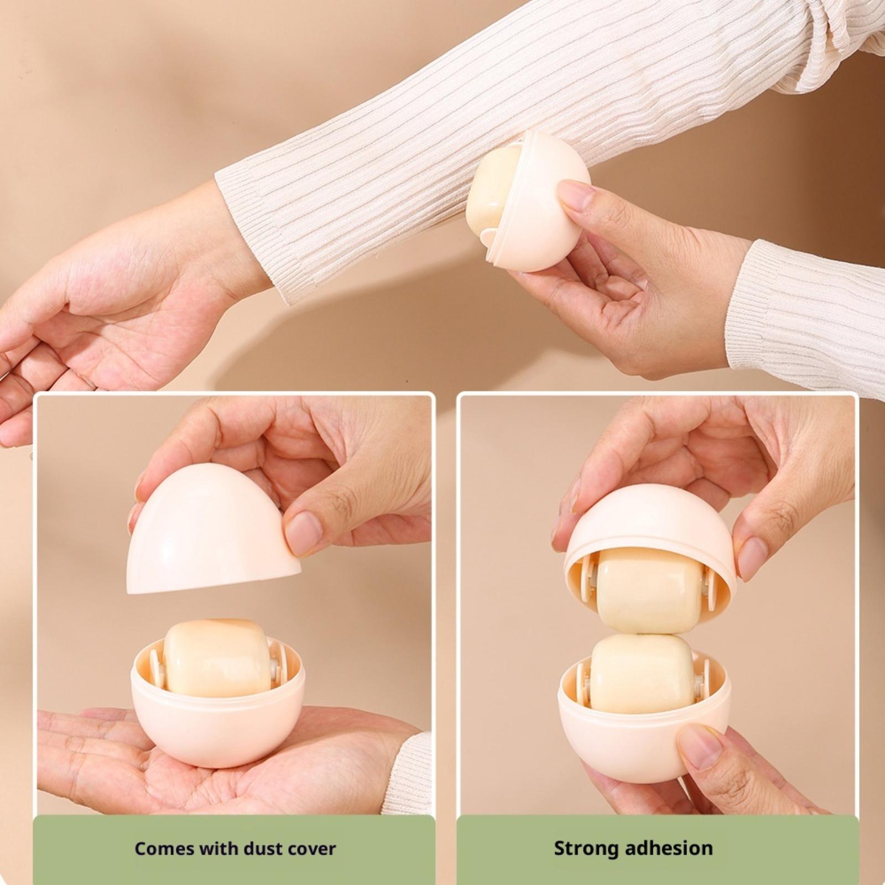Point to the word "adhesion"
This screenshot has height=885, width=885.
click(668, 848)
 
